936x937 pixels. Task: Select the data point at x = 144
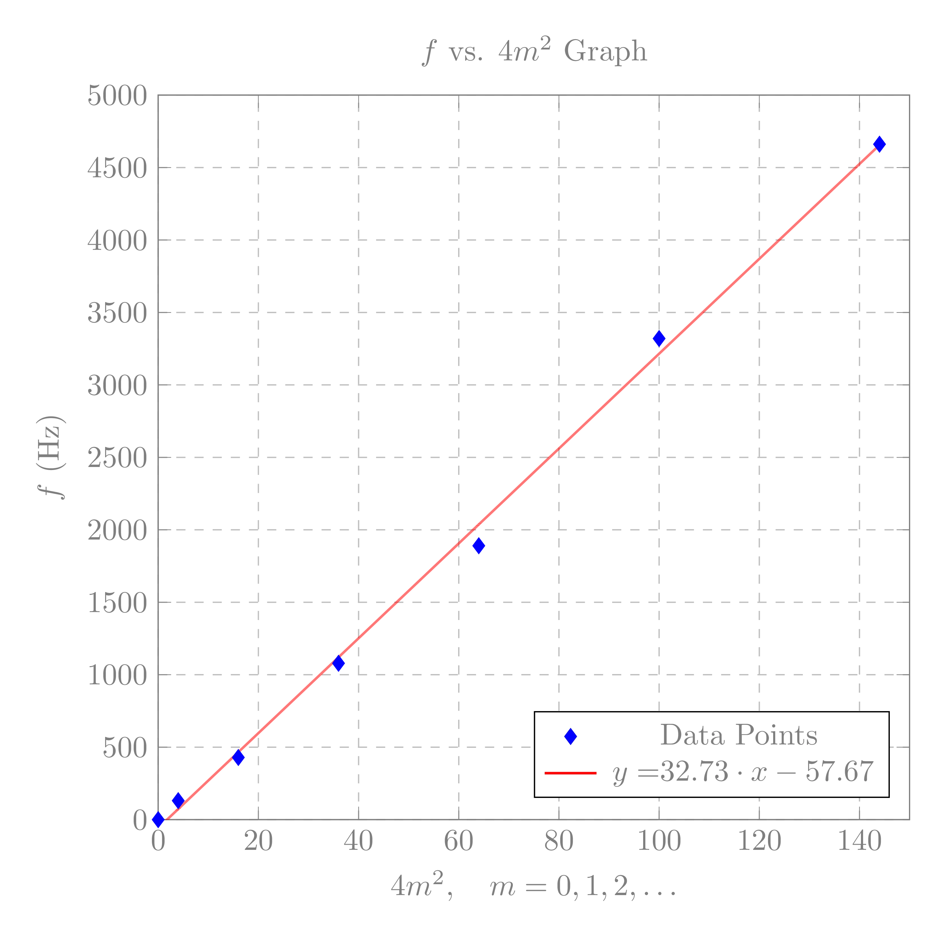[x=879, y=144]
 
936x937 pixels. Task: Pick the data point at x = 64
[x=478, y=546]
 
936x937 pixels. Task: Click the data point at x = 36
[x=339, y=663]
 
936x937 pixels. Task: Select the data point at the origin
[x=158, y=819]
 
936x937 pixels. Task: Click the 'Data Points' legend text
[x=739, y=735]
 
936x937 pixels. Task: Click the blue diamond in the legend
[x=571, y=737]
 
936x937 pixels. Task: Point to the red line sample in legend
[x=570, y=773]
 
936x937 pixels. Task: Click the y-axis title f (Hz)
[x=51, y=457]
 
